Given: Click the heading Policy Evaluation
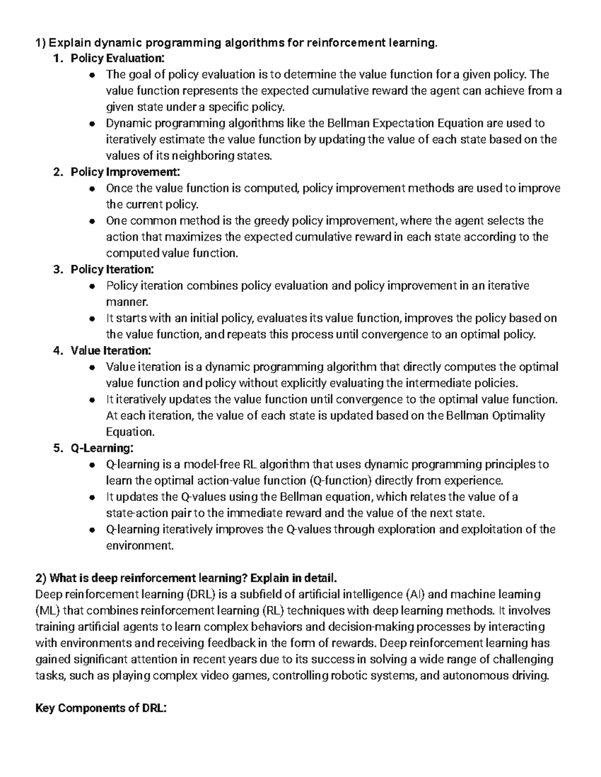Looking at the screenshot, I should click(x=117, y=59).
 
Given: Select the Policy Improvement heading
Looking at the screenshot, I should click(x=125, y=172).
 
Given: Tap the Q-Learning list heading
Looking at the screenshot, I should click(x=102, y=448).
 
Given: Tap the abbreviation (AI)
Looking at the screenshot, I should click(x=414, y=594).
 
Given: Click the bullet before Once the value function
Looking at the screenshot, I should click(x=91, y=189).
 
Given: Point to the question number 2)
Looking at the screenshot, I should click(x=41, y=578).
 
